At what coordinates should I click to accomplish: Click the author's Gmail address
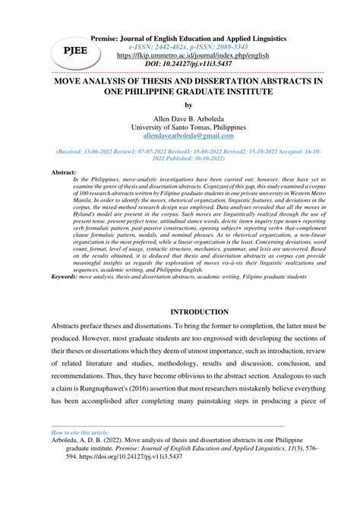(x=179, y=140)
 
